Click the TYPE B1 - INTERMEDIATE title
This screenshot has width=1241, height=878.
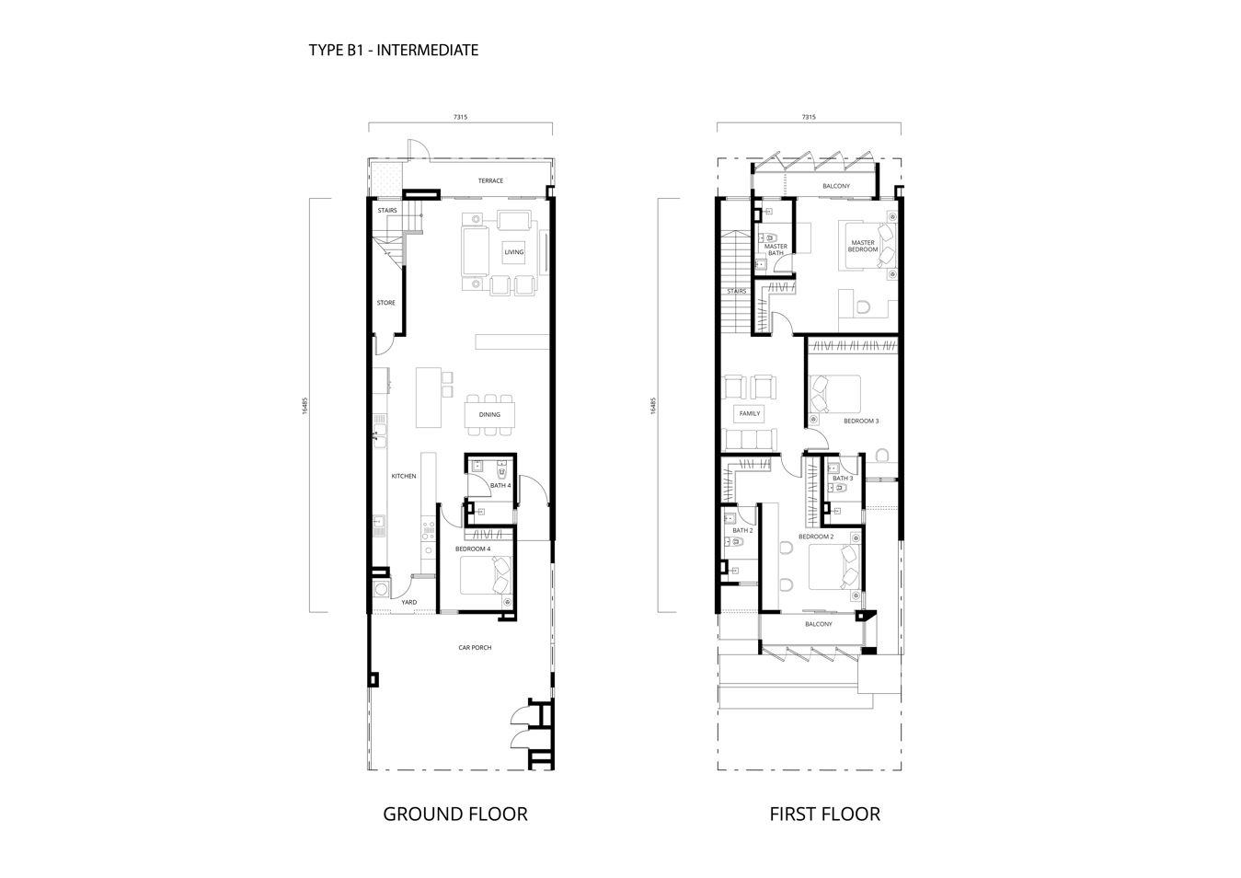coord(394,51)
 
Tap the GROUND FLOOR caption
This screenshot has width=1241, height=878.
coord(455,814)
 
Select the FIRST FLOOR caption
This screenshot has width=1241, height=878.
coord(825,814)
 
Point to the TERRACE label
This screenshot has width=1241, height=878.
coord(491,180)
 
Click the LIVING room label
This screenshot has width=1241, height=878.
coord(514,252)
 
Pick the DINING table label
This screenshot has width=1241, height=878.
coord(489,414)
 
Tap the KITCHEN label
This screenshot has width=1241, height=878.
coord(404,476)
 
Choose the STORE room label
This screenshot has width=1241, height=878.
coord(386,303)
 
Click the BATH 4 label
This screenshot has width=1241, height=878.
coord(500,486)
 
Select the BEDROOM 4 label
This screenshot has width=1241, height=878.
coord(473,549)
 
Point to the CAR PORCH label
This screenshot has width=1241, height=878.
coord(475,647)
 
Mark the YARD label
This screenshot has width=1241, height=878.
coord(409,602)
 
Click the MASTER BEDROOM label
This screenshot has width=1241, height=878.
coord(863,246)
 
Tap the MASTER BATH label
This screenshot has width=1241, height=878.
coord(776,249)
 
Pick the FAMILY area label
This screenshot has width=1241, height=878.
coord(750,413)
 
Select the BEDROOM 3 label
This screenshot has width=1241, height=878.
coord(861,422)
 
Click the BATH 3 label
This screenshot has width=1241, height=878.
coord(843,479)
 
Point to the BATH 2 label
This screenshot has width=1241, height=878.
coord(743,530)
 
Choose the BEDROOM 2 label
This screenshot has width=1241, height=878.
coord(816,537)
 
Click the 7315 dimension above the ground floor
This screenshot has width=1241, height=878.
coord(460,117)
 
